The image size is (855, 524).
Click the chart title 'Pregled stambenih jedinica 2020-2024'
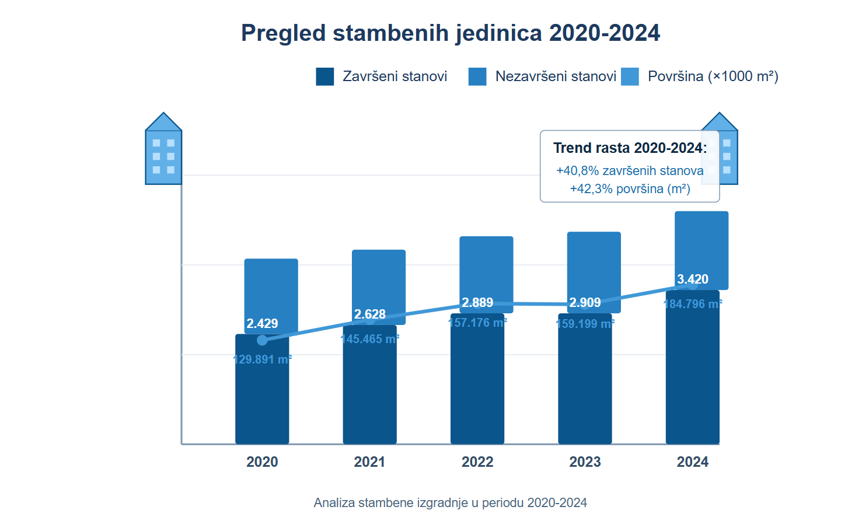click(451, 33)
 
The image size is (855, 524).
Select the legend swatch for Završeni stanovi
click(325, 76)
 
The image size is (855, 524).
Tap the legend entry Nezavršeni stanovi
click(556, 76)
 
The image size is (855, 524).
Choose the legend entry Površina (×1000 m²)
click(713, 76)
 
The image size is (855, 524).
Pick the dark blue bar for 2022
click(477, 385)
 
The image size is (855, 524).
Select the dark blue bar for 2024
click(693, 373)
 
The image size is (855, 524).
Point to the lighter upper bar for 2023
click(594, 263)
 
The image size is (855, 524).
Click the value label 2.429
click(262, 324)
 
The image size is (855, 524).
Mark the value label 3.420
click(693, 280)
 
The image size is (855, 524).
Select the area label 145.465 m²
click(369, 339)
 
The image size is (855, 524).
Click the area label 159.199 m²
click(585, 324)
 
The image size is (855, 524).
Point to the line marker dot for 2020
click(262, 340)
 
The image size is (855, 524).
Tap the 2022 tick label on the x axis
click(477, 462)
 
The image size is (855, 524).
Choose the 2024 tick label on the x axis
click(693, 462)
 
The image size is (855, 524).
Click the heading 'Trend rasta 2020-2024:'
click(630, 148)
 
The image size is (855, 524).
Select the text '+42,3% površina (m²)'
click(630, 189)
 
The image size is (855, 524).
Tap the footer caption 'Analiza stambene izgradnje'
click(451, 503)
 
